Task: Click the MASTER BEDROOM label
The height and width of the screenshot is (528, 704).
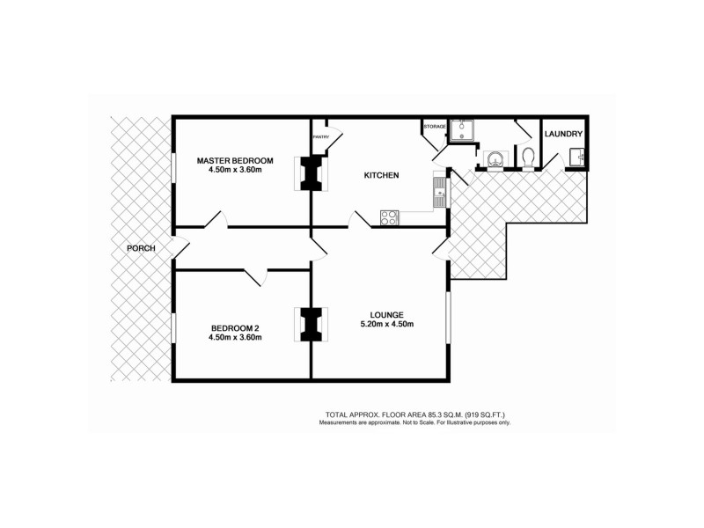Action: [235, 160]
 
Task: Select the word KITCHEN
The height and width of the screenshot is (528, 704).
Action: [382, 176]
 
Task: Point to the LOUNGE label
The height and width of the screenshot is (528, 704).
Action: [387, 314]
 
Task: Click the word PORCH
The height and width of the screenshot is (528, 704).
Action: [141, 248]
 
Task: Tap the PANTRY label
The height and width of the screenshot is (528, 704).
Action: [321, 137]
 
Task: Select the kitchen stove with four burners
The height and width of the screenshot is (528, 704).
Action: [389, 216]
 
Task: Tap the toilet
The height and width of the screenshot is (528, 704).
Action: [528, 158]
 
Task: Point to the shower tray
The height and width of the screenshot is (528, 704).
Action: [463, 131]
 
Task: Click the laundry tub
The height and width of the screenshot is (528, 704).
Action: [577, 158]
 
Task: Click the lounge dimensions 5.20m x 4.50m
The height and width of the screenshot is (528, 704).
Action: [387, 325]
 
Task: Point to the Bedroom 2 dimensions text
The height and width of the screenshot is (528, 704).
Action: [235, 337]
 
